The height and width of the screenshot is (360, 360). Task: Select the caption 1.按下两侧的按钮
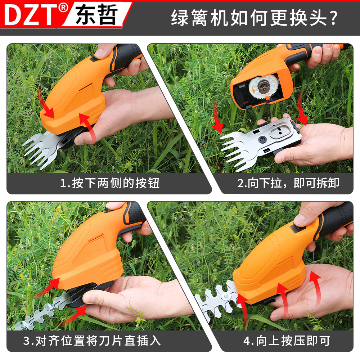pos(109,183)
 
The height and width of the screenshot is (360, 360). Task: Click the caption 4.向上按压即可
pos(287,341)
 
